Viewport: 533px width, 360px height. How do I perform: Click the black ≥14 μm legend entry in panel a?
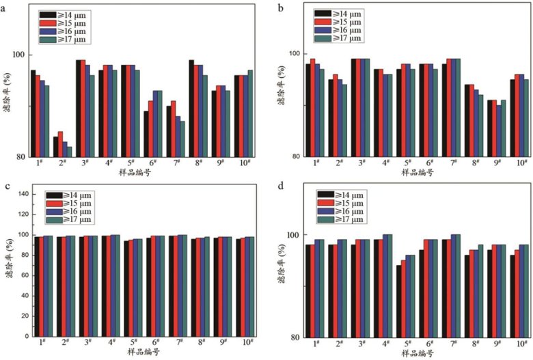point(63,14)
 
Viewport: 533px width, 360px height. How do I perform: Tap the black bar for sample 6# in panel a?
point(145,133)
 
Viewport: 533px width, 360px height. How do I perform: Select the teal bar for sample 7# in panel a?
point(182,139)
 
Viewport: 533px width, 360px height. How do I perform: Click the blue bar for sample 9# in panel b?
point(499,130)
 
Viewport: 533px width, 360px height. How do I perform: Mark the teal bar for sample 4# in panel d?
point(408,286)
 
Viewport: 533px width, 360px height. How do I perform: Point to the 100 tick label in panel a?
point(18,55)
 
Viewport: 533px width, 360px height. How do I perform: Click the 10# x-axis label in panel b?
point(521,163)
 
